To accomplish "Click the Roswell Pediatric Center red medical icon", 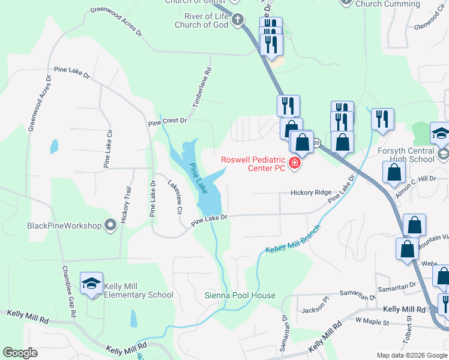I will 294,163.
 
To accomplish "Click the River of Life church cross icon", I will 237,20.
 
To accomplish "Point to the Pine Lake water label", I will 199,179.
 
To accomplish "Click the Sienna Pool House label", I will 240,295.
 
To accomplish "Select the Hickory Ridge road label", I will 310,193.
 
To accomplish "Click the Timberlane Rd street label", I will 202,88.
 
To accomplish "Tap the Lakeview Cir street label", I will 175,197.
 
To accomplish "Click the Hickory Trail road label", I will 126,205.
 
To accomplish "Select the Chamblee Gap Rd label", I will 68,292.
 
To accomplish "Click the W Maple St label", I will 372,322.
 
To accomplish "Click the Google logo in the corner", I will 20,353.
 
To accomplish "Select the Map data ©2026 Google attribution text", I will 411,355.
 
